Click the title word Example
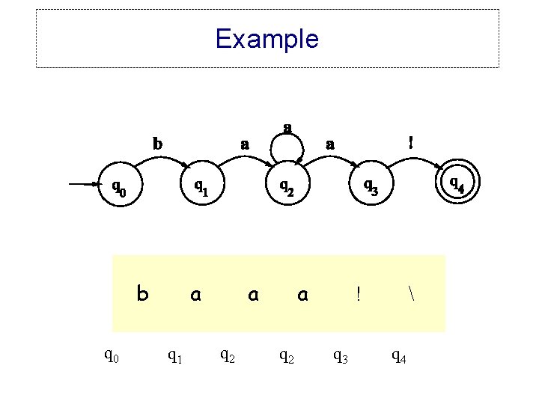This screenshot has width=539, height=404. tap(267, 38)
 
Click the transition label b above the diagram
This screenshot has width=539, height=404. tap(157, 142)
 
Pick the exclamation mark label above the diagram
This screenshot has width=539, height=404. tap(409, 141)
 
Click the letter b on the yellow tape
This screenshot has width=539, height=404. tap(142, 294)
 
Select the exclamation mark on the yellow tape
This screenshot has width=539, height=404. tap(359, 295)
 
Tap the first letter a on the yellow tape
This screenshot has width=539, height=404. tap(195, 295)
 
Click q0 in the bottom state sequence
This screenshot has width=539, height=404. tap(111, 357)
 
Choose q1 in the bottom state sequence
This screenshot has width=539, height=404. tap(175, 357)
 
